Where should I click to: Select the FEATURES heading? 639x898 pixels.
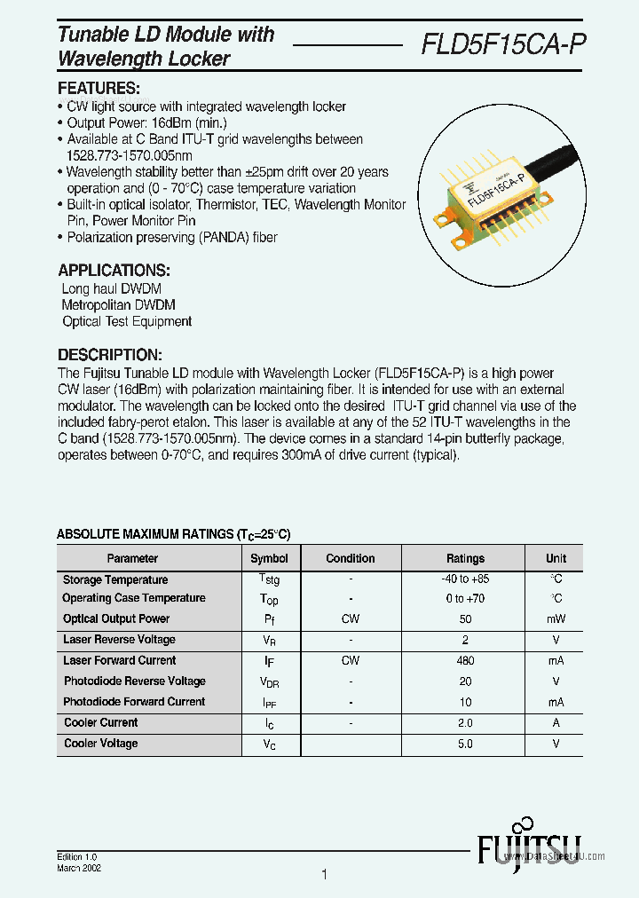[x=99, y=89]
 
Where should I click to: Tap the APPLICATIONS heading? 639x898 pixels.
[x=114, y=271]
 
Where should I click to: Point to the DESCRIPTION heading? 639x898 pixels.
[x=109, y=354]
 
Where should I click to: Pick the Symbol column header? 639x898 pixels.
[x=269, y=559]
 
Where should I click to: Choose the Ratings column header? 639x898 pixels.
[x=465, y=559]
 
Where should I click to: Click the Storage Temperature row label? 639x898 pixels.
[x=115, y=580]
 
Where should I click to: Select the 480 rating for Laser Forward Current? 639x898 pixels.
[x=465, y=661]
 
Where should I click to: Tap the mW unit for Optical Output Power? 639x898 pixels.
[x=556, y=619]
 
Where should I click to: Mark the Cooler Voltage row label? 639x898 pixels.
[x=101, y=744]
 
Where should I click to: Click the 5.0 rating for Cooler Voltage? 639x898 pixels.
[x=465, y=744]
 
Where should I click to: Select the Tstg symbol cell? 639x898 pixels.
[x=269, y=580]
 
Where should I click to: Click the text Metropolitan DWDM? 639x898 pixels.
[x=118, y=305]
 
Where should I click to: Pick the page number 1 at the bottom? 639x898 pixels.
[x=324, y=875]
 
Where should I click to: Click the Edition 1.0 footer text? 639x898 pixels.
[x=77, y=857]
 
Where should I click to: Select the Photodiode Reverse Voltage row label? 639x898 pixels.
[x=134, y=681]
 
